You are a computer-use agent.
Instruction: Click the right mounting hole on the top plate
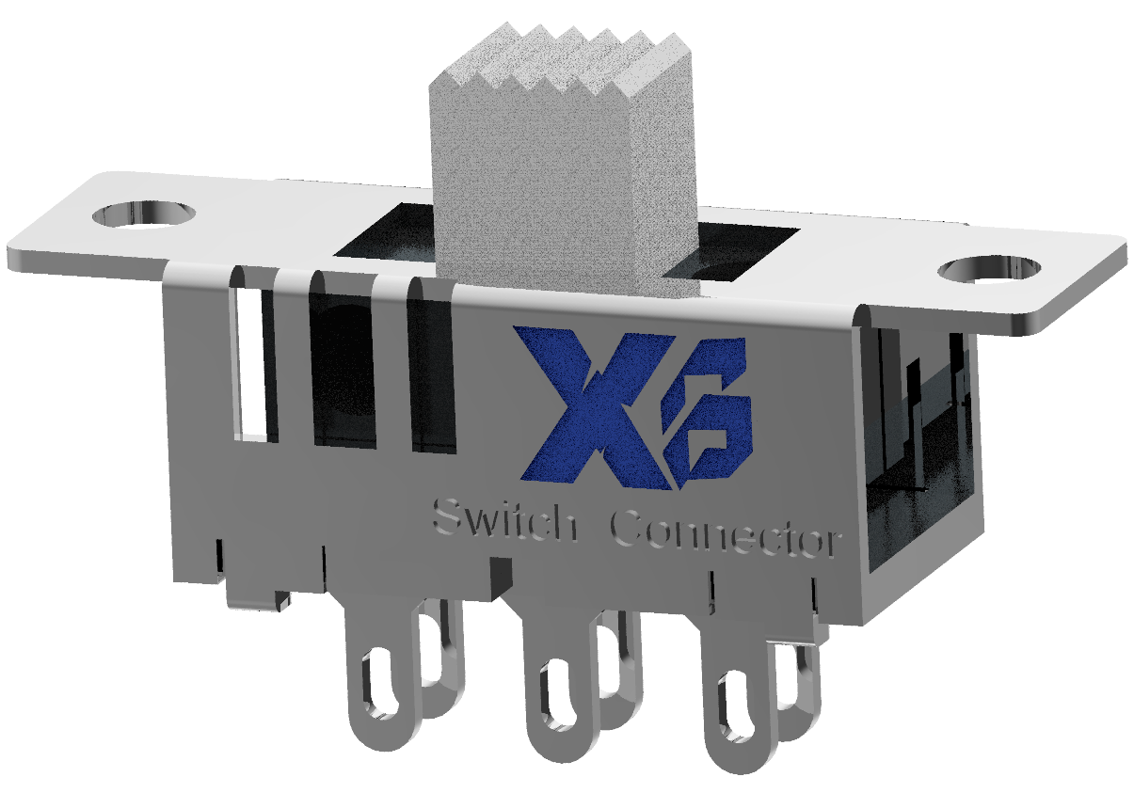coord(990,270)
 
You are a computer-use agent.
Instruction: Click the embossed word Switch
coord(503,522)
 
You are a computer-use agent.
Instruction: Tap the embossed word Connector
coord(723,534)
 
